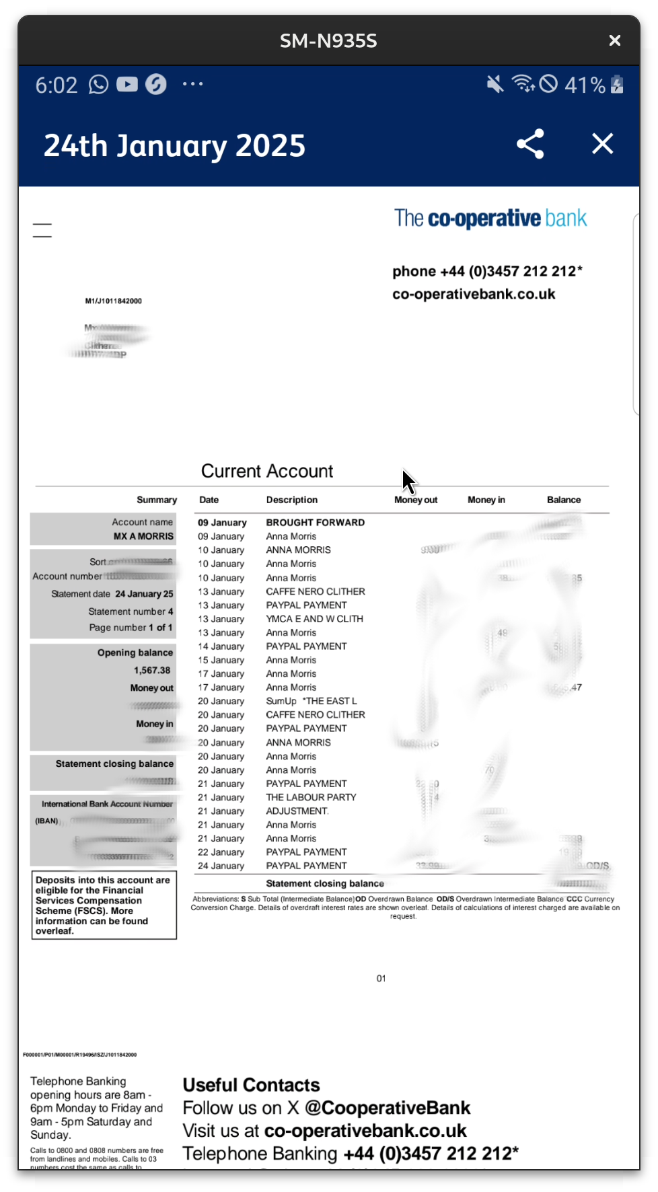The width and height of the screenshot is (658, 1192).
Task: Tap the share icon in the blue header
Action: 530,144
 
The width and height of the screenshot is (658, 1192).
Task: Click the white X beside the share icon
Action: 602,143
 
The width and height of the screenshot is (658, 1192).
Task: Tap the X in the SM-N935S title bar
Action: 614,41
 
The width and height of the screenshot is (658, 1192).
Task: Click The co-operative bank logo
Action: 490,219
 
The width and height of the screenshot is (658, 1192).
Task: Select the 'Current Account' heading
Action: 267,471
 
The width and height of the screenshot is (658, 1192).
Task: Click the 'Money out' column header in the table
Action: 416,500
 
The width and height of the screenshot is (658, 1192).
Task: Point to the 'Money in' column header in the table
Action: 486,500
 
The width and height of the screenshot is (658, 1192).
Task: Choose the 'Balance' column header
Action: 564,500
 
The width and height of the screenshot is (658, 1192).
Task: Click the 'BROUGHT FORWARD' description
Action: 315,523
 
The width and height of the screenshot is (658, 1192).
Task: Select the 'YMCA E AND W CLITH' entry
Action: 314,619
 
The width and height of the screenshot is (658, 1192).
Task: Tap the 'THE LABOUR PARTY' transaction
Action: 311,797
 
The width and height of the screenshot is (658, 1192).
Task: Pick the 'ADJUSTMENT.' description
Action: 297,811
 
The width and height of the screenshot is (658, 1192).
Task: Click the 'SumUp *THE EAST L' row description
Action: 312,701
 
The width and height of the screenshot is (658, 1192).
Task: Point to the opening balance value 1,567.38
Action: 152,671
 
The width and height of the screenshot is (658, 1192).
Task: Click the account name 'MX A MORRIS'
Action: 143,536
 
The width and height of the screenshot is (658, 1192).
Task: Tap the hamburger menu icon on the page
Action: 42,230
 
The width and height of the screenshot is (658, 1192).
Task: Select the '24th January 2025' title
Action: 175,146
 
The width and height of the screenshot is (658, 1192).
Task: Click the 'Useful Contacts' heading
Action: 251,1085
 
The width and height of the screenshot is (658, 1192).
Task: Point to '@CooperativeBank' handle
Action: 388,1108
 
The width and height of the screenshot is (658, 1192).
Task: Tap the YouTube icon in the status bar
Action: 127,84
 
